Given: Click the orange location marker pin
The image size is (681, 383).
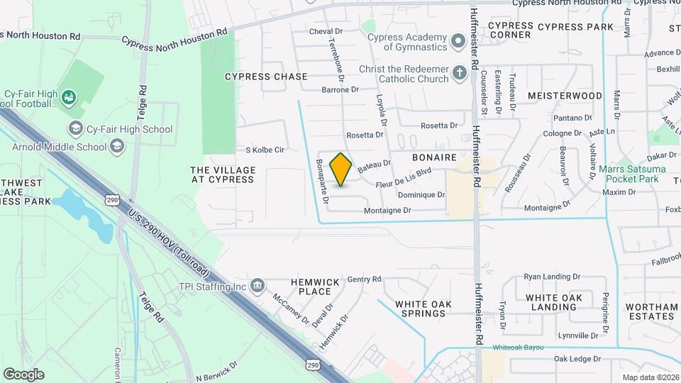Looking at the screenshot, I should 340,170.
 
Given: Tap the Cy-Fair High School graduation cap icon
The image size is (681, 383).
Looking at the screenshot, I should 75,128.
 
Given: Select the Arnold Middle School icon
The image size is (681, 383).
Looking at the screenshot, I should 117,147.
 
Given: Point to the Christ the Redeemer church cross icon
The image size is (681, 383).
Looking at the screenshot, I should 459,74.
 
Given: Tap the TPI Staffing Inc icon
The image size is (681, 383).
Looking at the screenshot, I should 258,286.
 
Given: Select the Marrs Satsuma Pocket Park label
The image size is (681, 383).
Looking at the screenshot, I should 633,174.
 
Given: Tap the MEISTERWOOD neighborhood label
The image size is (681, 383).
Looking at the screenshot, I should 565,95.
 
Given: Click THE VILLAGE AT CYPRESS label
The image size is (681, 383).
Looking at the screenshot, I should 223,174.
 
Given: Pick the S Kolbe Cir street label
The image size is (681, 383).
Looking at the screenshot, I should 265,150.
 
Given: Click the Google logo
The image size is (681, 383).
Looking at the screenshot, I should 23,374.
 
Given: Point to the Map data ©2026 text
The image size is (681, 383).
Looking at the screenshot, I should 650,377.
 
